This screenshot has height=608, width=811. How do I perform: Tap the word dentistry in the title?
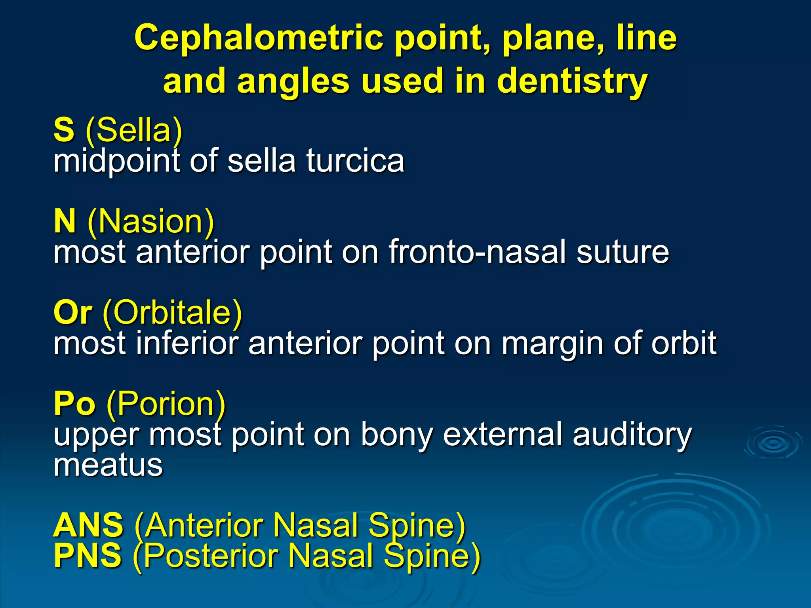572,81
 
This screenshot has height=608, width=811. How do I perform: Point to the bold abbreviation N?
65,221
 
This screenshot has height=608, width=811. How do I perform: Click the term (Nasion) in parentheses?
151,222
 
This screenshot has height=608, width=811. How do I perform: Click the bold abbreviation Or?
73,313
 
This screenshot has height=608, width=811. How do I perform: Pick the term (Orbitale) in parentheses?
172,313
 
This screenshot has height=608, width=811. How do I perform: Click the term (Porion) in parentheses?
166,405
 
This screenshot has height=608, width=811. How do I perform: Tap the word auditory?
632,435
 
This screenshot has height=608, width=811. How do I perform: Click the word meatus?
108,465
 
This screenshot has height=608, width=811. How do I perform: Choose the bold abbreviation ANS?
88,525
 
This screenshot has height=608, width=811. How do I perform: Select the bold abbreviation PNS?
88,556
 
